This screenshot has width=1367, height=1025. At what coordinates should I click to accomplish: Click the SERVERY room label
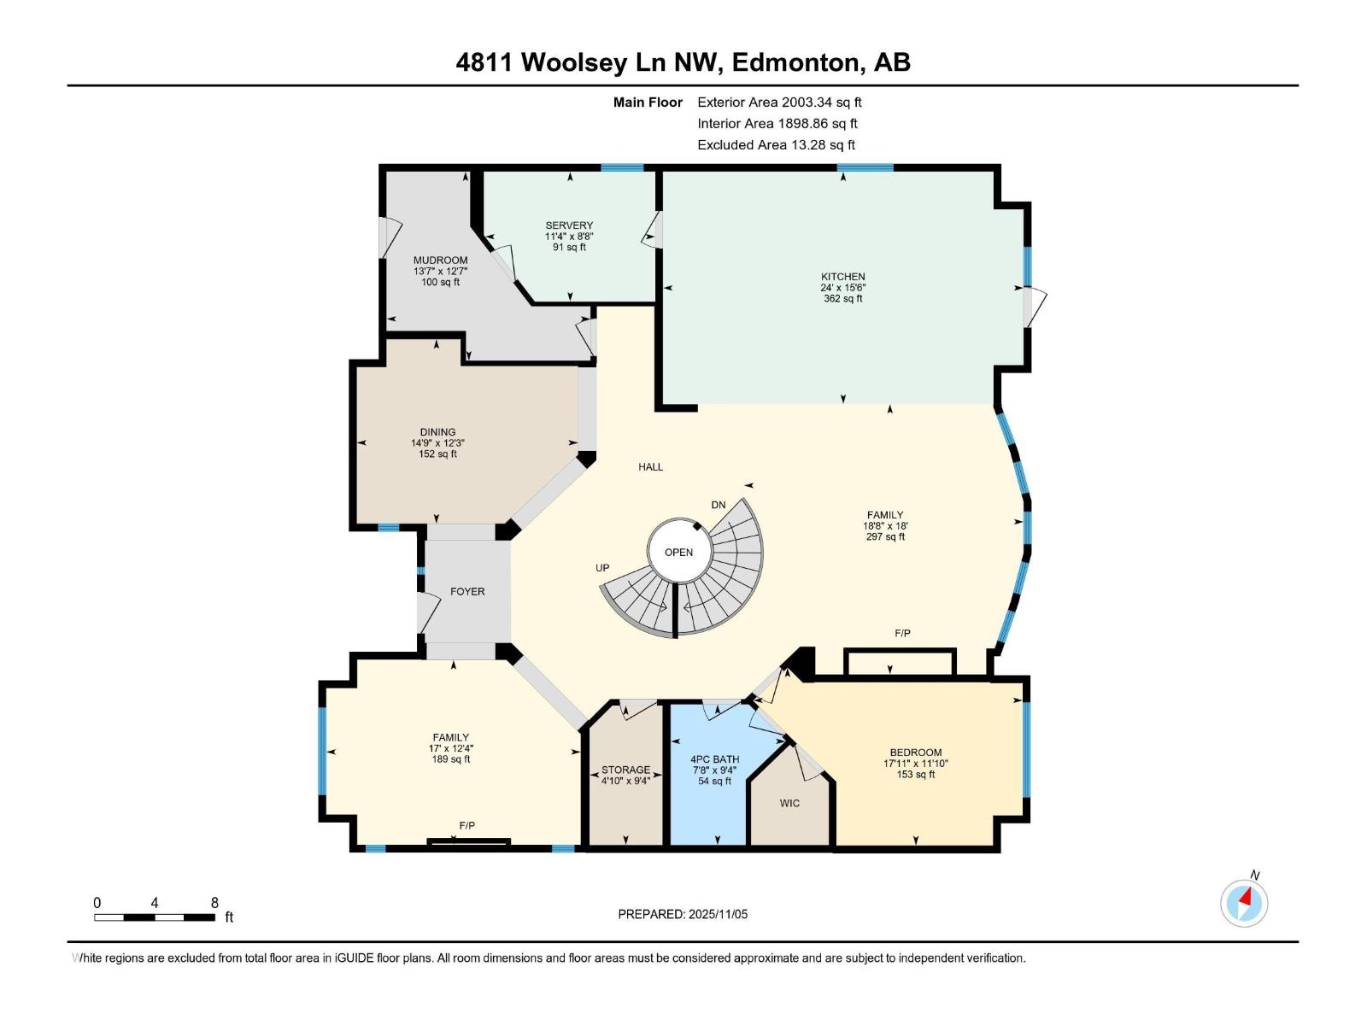pos(569,225)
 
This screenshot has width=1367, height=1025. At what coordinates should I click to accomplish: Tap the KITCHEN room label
pos(842,277)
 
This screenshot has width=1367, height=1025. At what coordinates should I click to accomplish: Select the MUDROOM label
pos(440,261)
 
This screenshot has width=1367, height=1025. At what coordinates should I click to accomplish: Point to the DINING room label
pos(437,432)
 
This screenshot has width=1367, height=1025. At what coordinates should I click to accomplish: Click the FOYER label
pos(467,591)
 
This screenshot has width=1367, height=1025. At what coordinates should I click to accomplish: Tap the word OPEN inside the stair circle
pos(678,553)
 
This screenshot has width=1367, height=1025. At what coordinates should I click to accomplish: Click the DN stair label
pos(719,505)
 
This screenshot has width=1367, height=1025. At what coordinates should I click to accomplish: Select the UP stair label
pos(602,568)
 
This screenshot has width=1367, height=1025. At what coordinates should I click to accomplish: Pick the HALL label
pos(650,467)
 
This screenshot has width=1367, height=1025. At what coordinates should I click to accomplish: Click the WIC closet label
pos(789,803)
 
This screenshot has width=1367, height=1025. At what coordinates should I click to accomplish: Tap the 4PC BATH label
pos(714,759)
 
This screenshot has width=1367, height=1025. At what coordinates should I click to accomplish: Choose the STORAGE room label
pos(625,770)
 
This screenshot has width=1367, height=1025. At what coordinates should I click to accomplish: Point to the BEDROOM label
pos(915,753)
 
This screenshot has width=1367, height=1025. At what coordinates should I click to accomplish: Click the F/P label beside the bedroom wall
pos(902,633)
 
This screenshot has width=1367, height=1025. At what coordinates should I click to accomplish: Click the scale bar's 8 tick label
pos(214,902)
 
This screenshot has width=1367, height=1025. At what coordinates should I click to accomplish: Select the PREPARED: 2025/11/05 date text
pos(683,914)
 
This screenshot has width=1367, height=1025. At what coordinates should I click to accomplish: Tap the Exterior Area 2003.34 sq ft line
pos(779,102)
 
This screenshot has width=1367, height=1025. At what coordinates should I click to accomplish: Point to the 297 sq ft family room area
pos(885,537)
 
